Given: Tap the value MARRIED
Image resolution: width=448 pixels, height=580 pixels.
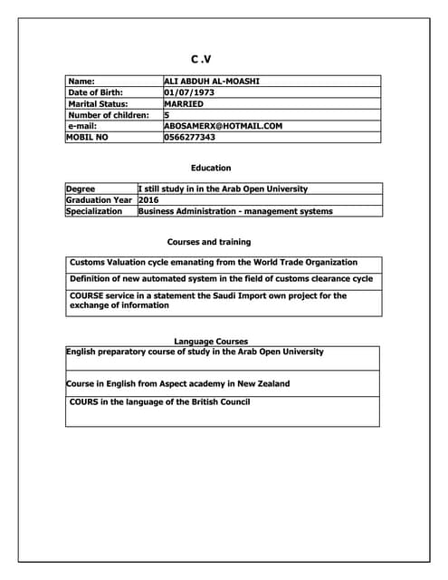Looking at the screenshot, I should coord(184,104).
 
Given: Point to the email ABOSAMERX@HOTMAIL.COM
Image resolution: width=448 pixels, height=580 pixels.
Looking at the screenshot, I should coord(224,126).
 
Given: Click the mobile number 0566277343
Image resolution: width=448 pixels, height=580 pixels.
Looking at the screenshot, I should coord(190,138).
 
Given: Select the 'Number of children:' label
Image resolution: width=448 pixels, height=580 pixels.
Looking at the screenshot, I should coord(108,115).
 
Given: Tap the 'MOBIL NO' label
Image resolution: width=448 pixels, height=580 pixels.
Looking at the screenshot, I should coord(87,138).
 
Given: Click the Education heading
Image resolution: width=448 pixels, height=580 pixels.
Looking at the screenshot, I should coord(211,168).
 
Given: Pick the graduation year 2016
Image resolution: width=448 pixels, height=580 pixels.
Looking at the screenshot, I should coord(148,200).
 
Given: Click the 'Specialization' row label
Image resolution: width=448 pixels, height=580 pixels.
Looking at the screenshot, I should coord(93,211).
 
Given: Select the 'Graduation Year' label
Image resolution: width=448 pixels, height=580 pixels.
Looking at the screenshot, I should coord(99,200).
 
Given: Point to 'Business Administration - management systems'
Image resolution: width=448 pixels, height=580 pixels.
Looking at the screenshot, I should coord(235,211).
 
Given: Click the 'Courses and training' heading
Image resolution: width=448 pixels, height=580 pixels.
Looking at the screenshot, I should coord(209,242).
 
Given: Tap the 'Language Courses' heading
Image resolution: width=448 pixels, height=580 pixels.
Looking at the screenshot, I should coord(211,342).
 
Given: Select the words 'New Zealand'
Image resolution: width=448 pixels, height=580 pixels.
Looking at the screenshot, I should coord(263,383).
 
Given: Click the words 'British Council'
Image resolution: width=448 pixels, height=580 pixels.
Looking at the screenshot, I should coord(221,401).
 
